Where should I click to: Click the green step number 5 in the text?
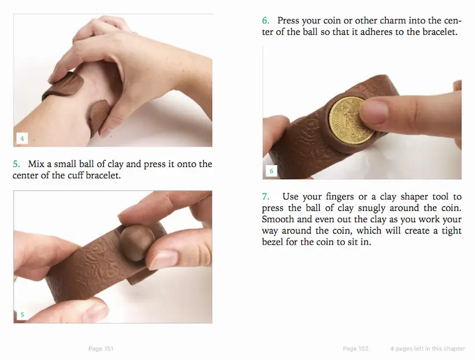[x=16, y=164]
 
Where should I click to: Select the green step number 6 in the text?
[x=266, y=21]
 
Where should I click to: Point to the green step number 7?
[x=266, y=197]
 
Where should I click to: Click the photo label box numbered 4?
[x=22, y=139]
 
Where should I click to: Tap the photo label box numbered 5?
[x=22, y=315]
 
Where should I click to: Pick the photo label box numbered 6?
[x=272, y=171]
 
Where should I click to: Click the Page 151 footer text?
[x=101, y=349]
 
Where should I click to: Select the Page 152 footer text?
[x=356, y=349]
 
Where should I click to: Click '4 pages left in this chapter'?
[x=427, y=349]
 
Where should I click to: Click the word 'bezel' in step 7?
[x=273, y=242]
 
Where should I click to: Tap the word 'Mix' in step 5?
[x=35, y=164]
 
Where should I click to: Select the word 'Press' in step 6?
[x=288, y=21]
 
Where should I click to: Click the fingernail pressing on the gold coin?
[x=372, y=112]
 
